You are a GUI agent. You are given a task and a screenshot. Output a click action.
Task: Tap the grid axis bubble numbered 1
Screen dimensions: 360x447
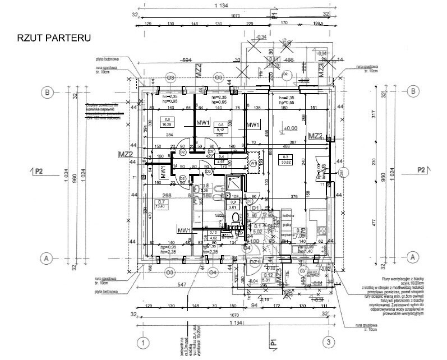tap(144, 342)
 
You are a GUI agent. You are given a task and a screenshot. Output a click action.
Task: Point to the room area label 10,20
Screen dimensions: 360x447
tap(167, 126)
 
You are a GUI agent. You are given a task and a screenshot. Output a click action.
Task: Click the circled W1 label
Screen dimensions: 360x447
tap(254, 164)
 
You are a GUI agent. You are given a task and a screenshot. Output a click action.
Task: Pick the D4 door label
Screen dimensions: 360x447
tap(247, 247)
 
